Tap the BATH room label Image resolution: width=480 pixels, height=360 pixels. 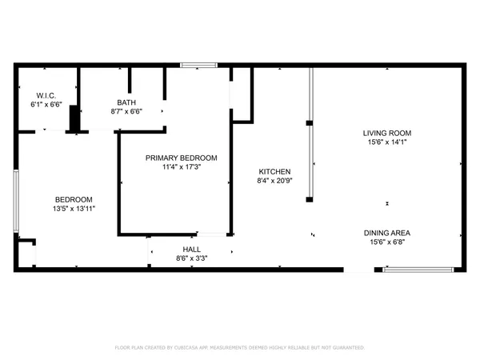(126, 102)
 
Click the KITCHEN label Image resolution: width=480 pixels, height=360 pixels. (274, 172)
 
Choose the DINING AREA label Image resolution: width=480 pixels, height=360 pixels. (388, 233)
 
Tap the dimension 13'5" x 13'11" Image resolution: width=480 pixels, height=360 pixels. (74, 209)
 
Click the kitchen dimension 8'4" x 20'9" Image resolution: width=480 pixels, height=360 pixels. (274, 182)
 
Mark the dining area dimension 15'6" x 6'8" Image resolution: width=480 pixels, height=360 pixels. (388, 242)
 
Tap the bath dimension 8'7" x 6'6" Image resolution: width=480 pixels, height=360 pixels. (126, 111)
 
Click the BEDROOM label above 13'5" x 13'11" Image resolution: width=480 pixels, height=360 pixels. (74, 199)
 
